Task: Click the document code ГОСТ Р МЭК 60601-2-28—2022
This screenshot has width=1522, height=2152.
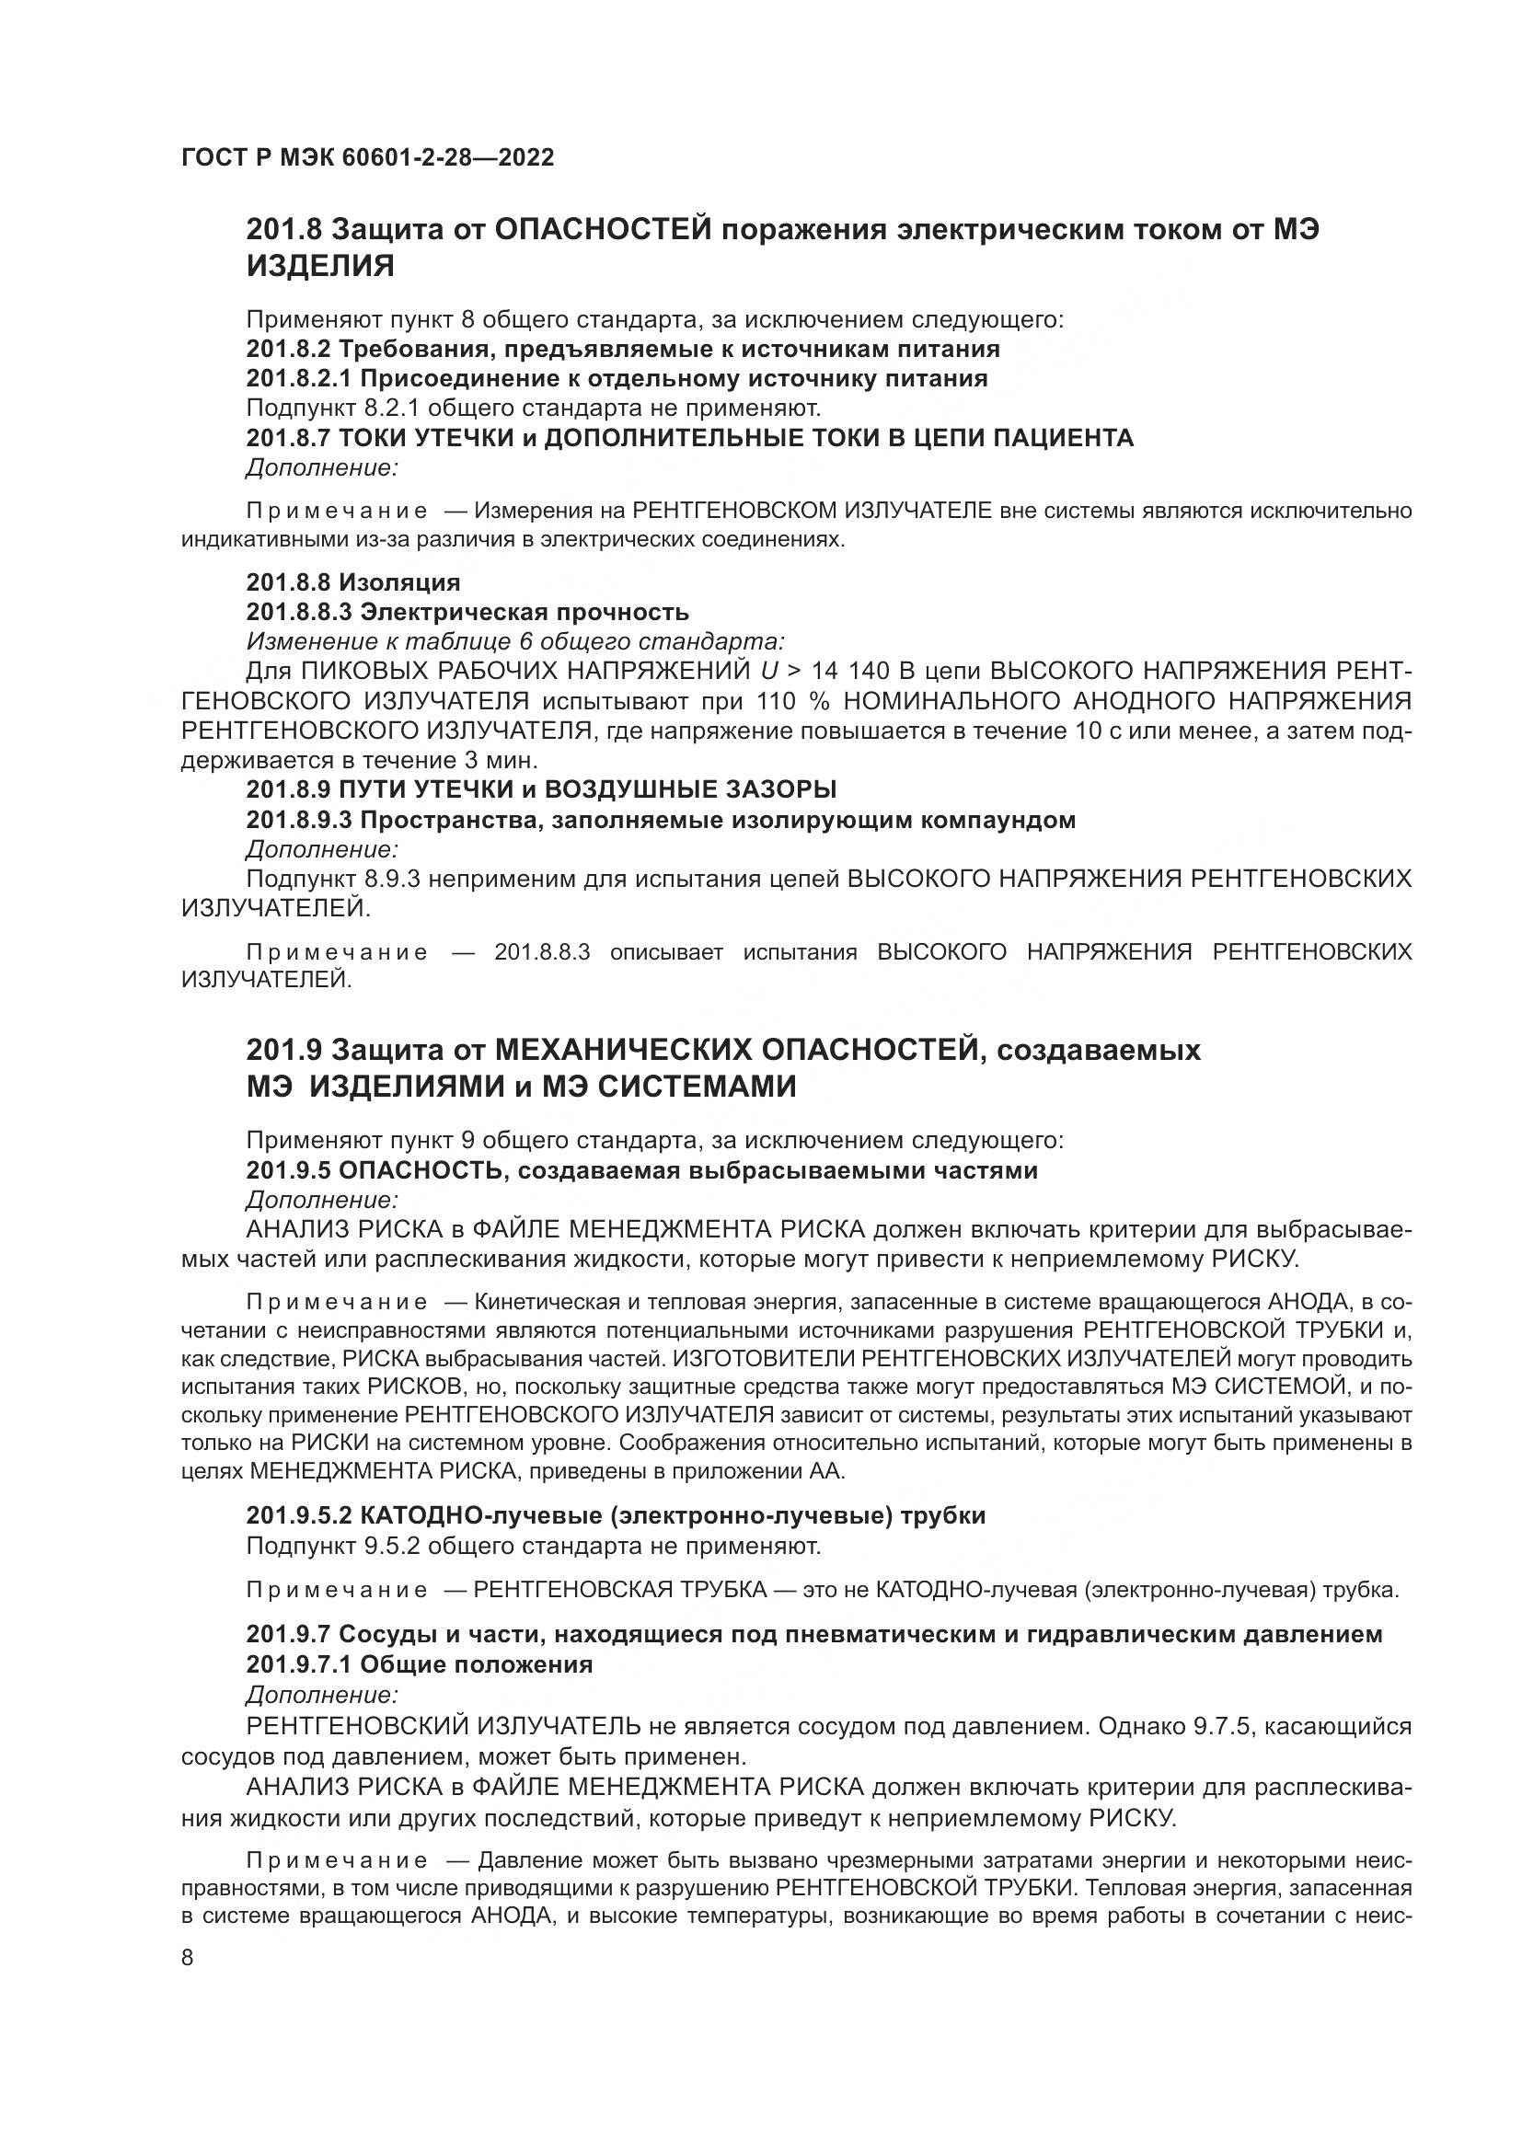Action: tap(367, 157)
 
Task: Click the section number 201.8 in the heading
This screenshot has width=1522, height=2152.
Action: tap(284, 230)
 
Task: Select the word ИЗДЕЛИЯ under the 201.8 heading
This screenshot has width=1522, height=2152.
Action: tap(320, 267)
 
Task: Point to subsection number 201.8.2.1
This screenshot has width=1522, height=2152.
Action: tap(299, 379)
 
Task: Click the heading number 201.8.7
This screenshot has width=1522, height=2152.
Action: tap(288, 438)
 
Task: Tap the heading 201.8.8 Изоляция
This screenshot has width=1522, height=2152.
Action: tap(353, 583)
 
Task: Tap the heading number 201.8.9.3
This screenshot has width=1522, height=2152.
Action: tap(299, 820)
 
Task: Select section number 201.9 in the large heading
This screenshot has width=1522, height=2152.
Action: tap(284, 1050)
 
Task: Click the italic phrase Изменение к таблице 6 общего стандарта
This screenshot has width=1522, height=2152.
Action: tap(515, 642)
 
